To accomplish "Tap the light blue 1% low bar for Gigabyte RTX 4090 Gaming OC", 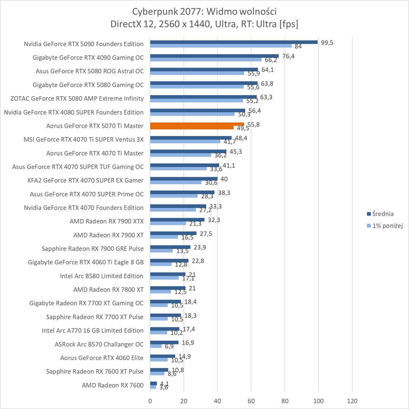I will (x=206, y=60).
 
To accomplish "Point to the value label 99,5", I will (x=327, y=42).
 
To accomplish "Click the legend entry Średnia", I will (x=382, y=214).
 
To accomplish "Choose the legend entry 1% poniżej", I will (x=387, y=226).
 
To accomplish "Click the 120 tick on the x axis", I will (x=352, y=401).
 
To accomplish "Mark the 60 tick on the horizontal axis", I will (x=251, y=401).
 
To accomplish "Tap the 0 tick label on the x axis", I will (x=150, y=401).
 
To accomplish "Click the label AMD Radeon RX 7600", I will (x=113, y=385).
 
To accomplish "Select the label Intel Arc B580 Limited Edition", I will (x=102, y=276).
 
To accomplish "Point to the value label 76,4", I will (x=288, y=56).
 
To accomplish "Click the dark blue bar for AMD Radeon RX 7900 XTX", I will (x=177, y=220).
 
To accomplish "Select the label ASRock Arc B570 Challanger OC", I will (x=99, y=344).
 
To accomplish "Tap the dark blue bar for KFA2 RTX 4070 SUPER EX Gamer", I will (x=184, y=179).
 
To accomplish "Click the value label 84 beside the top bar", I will (x=298, y=46).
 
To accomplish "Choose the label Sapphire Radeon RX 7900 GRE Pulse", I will (x=93, y=249).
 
